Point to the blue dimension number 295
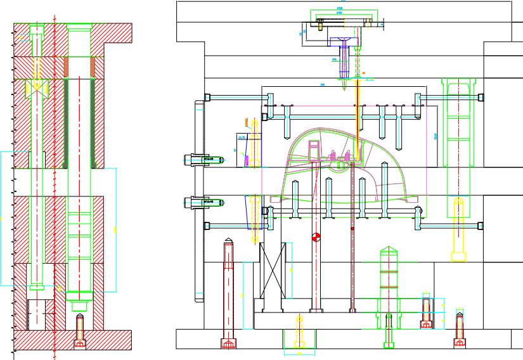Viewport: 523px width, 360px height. pyautogui.click(x=323, y=84)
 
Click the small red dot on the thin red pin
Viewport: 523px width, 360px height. pyautogui.click(x=352, y=228)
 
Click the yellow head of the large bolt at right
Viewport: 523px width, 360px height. pyautogui.click(x=458, y=256)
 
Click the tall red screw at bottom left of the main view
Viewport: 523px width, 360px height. pyautogui.click(x=229, y=292)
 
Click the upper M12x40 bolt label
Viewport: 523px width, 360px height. pyautogui.click(x=208, y=158)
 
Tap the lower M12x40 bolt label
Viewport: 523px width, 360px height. pyautogui.click(x=208, y=202)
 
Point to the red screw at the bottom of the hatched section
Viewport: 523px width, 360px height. pyautogui.click(x=80, y=330)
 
